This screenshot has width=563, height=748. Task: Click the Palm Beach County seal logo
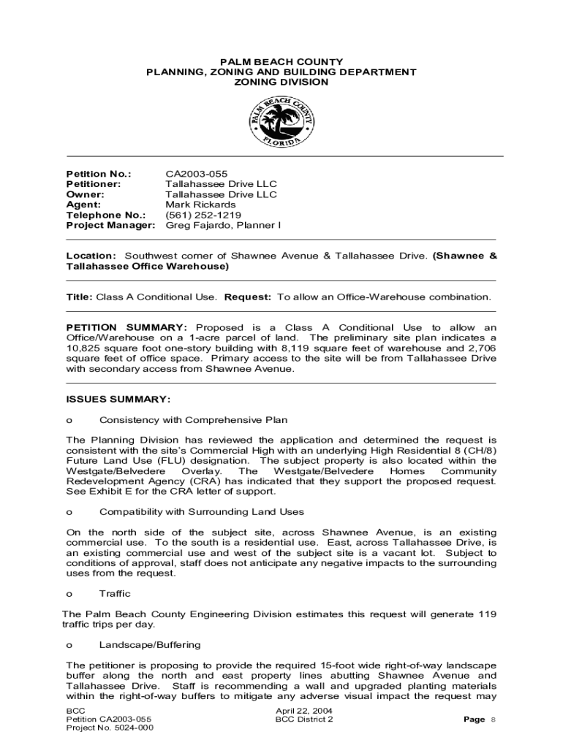(281, 122)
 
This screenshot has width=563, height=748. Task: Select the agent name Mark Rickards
(200, 205)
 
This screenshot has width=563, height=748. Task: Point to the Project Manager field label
(111, 225)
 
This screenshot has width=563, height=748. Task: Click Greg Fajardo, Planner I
(223, 225)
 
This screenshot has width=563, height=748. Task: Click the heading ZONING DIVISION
(281, 83)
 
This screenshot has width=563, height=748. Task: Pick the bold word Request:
(248, 297)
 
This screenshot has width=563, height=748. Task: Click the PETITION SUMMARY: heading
(126, 327)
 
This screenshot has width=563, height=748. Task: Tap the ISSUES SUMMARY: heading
(118, 400)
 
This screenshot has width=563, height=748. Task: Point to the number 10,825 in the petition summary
(85, 348)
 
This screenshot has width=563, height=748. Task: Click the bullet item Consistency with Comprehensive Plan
(193, 420)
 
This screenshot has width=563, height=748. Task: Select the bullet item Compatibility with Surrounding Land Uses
(202, 512)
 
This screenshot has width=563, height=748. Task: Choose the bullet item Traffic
(115, 594)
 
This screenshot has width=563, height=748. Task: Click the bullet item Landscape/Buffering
(150, 645)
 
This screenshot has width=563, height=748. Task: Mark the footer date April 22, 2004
(303, 710)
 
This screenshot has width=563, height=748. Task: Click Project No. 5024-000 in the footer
(110, 728)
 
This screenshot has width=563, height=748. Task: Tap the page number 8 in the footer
(493, 720)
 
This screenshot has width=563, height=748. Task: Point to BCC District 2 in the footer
(304, 719)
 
